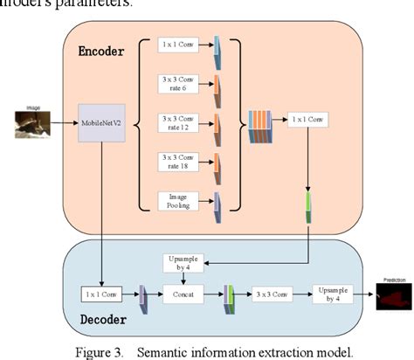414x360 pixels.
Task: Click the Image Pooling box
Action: click(x=178, y=200)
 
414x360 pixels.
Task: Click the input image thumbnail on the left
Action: click(x=32, y=123)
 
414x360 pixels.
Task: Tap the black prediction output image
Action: click(x=393, y=297)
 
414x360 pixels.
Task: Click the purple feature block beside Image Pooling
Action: click(x=217, y=202)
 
